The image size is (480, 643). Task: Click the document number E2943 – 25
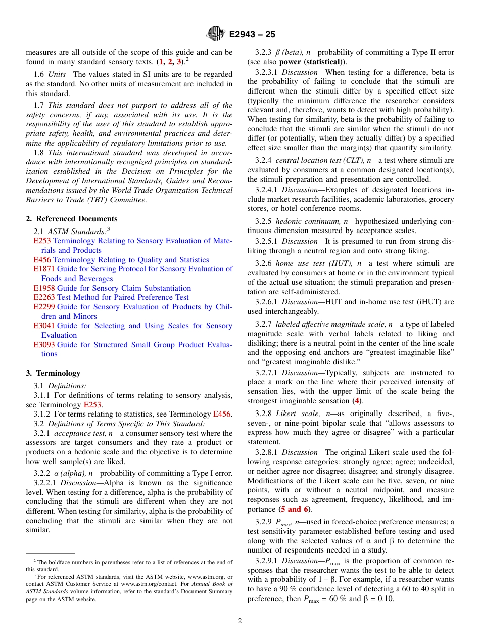click(252, 35)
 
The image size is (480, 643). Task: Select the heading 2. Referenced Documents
click(72, 219)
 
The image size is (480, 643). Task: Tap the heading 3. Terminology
click(53, 373)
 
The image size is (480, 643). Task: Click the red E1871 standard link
click(42, 269)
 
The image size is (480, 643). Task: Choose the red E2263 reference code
click(42, 297)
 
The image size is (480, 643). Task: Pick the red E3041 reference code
click(42, 326)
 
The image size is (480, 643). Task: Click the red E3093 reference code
click(42, 344)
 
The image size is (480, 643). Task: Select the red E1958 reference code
click(42, 288)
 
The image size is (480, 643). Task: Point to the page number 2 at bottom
click(240, 621)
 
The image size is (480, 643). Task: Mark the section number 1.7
click(39, 105)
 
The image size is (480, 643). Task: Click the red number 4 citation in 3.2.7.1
click(357, 401)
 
